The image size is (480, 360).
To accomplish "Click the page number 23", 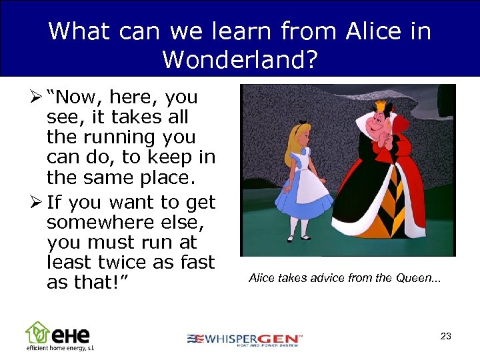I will (445, 337).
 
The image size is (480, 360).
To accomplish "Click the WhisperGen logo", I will (244, 339).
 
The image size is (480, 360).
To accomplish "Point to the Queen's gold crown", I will (381, 105).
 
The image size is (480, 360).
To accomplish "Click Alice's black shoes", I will (298, 237).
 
